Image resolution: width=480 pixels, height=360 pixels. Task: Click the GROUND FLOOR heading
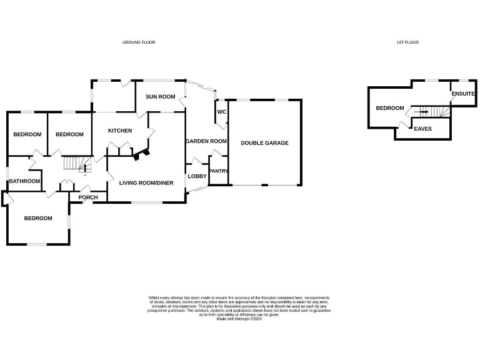138,42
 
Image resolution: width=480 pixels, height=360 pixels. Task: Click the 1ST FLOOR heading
407,42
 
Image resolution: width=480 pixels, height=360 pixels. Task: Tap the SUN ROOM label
160,97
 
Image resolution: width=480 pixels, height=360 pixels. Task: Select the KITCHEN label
120,131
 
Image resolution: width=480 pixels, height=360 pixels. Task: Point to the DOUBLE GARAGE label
264,143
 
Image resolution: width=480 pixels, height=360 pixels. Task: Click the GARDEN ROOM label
206,141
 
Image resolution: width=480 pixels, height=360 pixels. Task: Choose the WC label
221,112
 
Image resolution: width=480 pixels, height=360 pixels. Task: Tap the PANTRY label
218,171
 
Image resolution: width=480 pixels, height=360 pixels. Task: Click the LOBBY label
197,176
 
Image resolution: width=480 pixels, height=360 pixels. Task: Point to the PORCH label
88,197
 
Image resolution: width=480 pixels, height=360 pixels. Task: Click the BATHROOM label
24,181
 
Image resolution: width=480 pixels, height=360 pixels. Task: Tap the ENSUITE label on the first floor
463,94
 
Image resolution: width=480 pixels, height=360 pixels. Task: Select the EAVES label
423,128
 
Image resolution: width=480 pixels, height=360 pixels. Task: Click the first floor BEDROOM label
389,108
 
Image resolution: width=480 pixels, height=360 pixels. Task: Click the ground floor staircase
74,164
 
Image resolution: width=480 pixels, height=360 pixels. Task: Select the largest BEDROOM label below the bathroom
38,218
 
